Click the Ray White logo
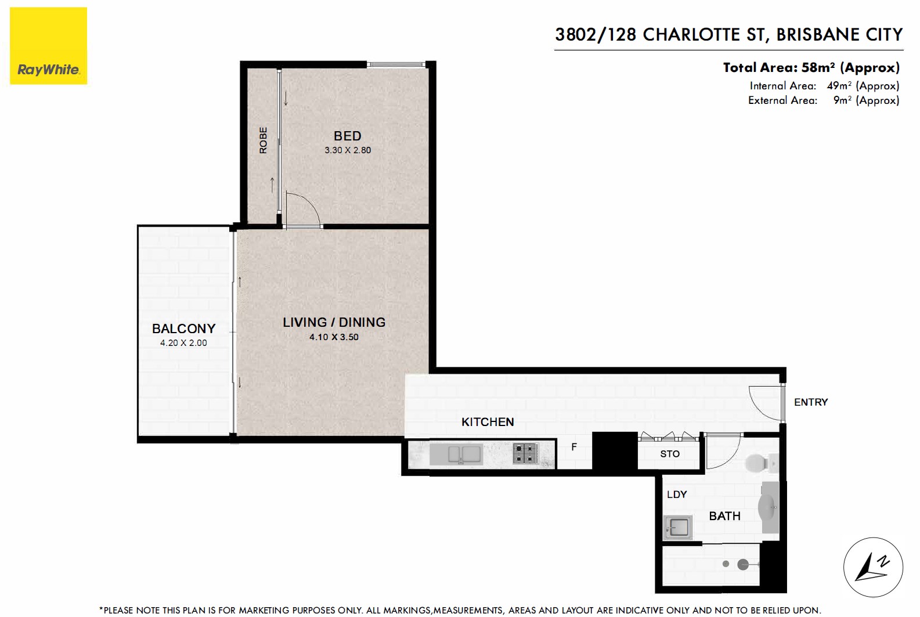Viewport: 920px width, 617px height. pos(49,46)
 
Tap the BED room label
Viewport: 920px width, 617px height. pos(347,136)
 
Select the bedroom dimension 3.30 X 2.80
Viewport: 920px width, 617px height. pos(347,150)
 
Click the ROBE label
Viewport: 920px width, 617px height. pos(263,140)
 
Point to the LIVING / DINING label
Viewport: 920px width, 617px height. pos(334,322)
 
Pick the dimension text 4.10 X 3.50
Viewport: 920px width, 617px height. pos(334,337)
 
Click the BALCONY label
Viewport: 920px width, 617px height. pos(183,329)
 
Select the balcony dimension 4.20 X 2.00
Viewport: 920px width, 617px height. pos(183,342)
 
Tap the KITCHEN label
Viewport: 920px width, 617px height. pos(488,422)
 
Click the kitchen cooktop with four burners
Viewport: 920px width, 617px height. pos(526,453)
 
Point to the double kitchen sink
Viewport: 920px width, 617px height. pos(464,454)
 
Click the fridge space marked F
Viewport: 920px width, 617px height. pos(574,447)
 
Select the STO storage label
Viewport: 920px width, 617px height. pos(669,454)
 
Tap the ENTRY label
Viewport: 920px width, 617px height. pos(810,402)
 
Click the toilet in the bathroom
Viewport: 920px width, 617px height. pos(759,463)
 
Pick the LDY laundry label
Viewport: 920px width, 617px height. pos(677,495)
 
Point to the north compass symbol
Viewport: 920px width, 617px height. pos(873,567)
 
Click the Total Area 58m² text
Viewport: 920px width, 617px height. pos(811,67)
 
